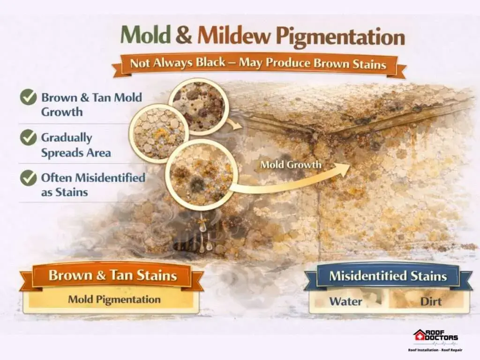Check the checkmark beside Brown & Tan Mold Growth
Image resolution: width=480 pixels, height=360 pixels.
[x=29, y=97]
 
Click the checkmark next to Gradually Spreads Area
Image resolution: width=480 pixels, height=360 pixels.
[x=29, y=137]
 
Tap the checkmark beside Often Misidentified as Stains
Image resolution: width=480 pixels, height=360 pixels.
[x=29, y=178]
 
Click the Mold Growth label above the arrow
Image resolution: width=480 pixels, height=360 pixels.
[x=291, y=165]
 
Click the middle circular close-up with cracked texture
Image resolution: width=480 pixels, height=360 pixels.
[x=159, y=132]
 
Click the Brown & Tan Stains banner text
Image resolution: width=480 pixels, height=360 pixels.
[x=112, y=275]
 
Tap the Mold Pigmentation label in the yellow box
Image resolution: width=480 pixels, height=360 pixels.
[x=114, y=299]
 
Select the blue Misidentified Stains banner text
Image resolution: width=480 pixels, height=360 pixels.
[x=388, y=276]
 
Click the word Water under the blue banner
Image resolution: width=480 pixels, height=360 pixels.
[x=345, y=301]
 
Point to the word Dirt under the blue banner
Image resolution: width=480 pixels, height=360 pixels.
[x=431, y=301]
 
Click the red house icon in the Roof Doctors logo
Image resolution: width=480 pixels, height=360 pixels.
[x=419, y=336]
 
